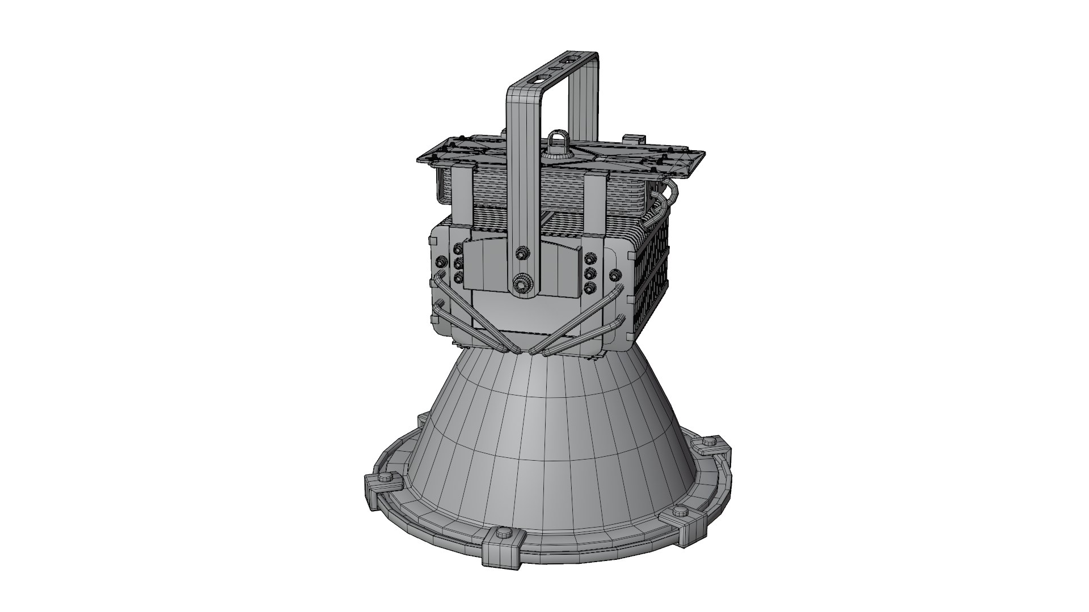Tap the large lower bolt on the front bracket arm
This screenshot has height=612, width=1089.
click(520, 282)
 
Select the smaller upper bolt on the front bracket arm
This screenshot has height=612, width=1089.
click(520, 252)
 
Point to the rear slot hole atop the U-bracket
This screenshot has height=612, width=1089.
click(569, 58)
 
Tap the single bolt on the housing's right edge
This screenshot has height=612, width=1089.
click(614, 275)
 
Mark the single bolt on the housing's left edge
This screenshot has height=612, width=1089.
click(440, 262)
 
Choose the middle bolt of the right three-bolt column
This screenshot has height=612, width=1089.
click(590, 272)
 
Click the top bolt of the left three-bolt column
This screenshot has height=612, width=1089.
click(457, 249)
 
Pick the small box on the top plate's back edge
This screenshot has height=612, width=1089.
click(635, 138)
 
